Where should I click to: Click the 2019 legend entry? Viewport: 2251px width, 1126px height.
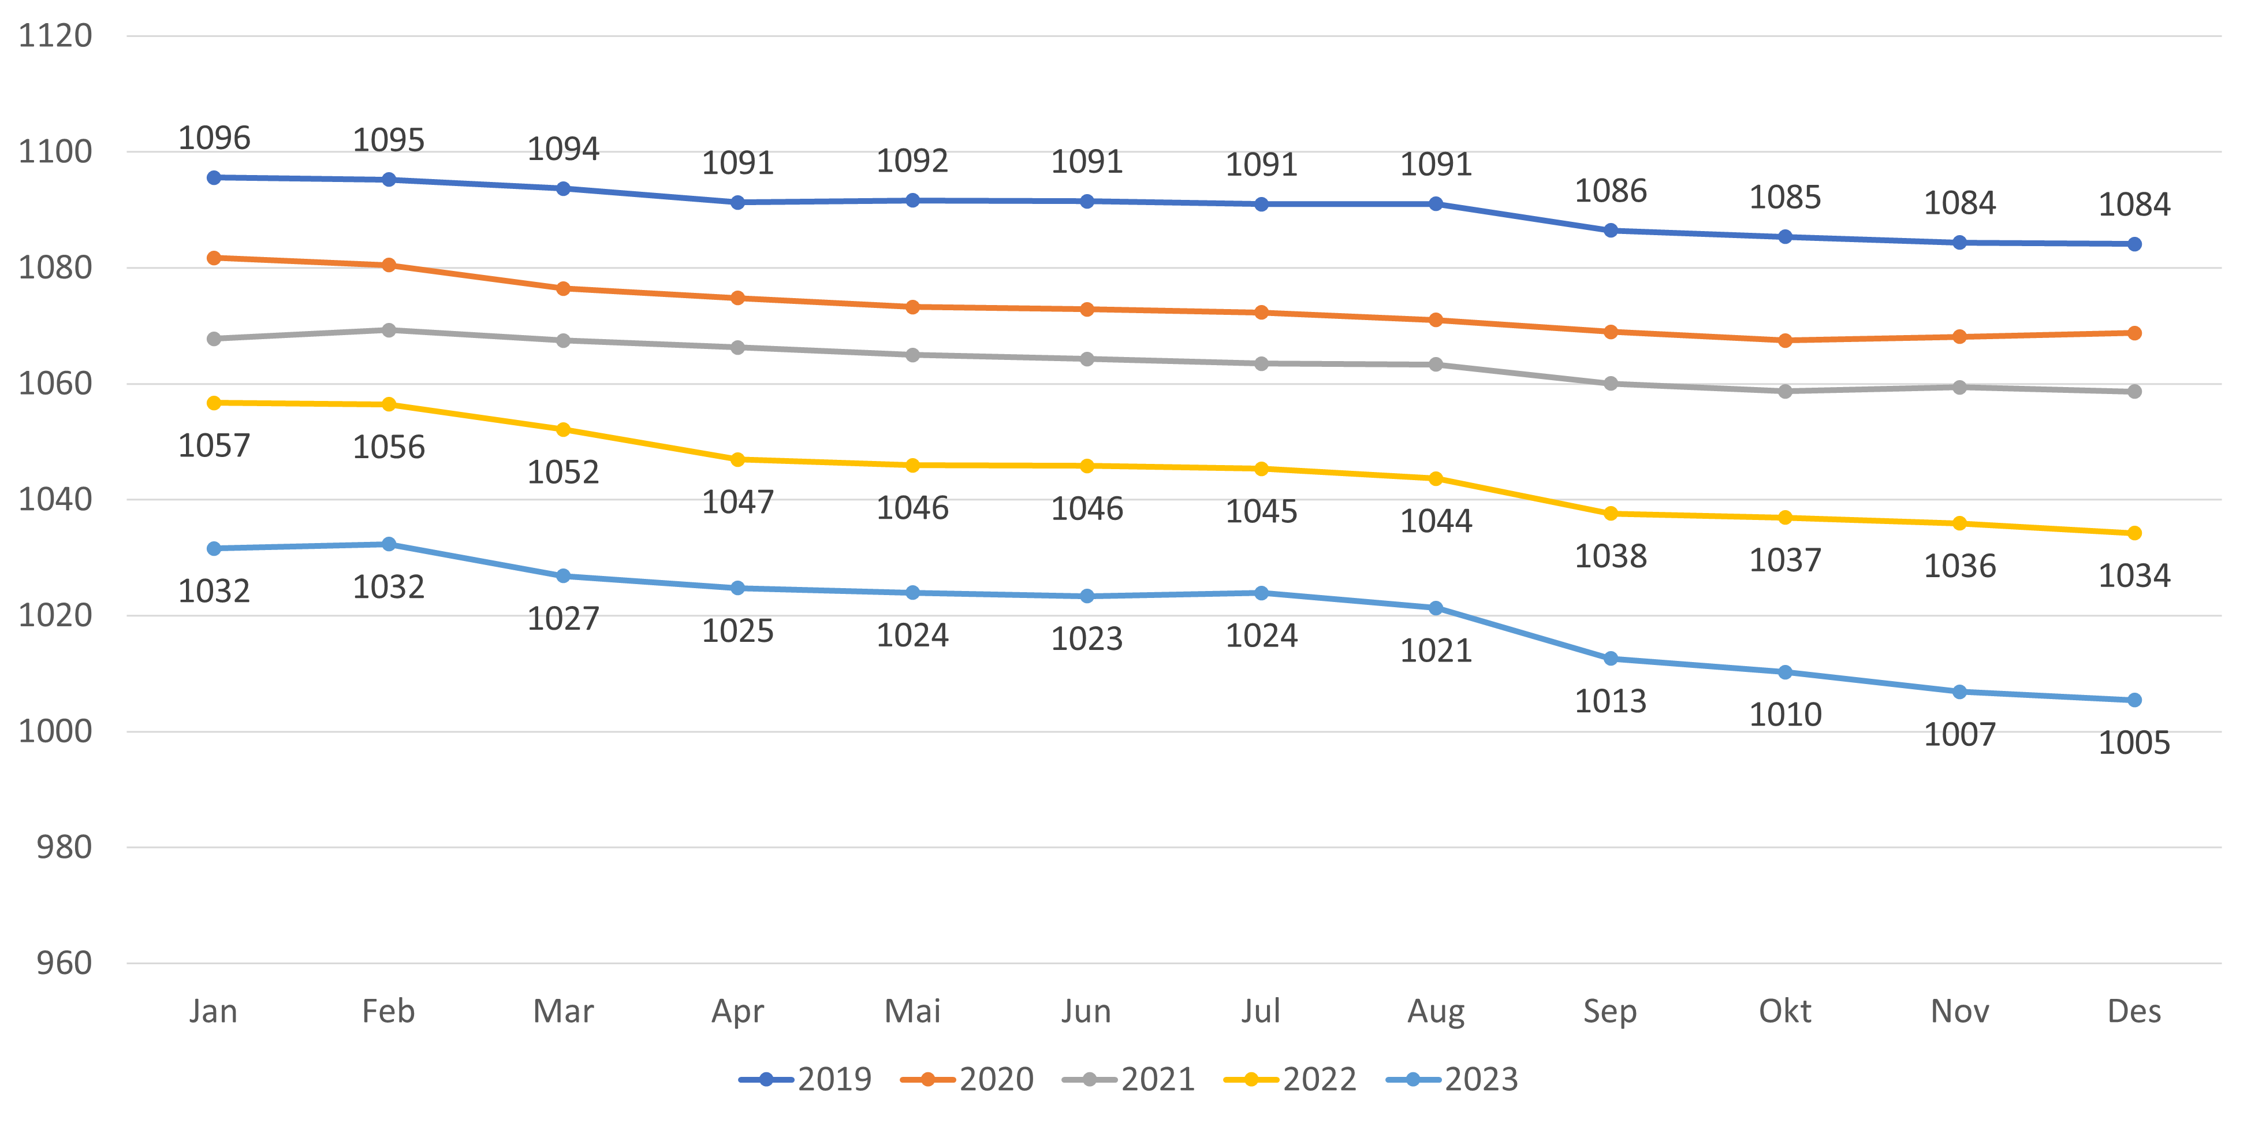pos(805,1080)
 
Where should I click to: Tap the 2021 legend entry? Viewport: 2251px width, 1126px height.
pos(1128,1080)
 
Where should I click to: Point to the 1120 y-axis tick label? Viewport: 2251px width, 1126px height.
pos(55,36)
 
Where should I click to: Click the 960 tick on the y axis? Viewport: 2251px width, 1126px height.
pos(64,964)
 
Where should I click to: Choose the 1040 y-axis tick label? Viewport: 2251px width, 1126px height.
pos(55,500)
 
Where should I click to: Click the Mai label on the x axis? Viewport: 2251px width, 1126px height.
pos(912,1012)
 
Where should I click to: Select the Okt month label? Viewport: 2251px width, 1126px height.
pos(1784,1012)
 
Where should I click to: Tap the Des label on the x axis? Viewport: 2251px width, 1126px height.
pos(2134,1012)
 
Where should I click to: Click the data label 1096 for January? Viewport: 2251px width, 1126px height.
pos(214,138)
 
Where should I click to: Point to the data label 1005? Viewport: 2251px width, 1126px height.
pos(2134,743)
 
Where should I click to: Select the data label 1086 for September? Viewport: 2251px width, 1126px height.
pos(1611,191)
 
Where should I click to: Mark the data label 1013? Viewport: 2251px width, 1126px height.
pos(1611,701)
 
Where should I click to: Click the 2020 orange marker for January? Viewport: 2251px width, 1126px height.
pos(214,258)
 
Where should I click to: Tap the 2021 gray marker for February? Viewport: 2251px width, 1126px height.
pos(389,330)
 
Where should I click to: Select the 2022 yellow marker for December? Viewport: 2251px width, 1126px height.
pos(2134,533)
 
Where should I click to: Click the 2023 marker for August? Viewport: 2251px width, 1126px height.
pos(1436,608)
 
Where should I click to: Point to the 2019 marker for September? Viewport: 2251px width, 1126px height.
pos(1611,231)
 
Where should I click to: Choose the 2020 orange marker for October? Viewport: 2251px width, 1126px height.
pos(1785,340)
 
